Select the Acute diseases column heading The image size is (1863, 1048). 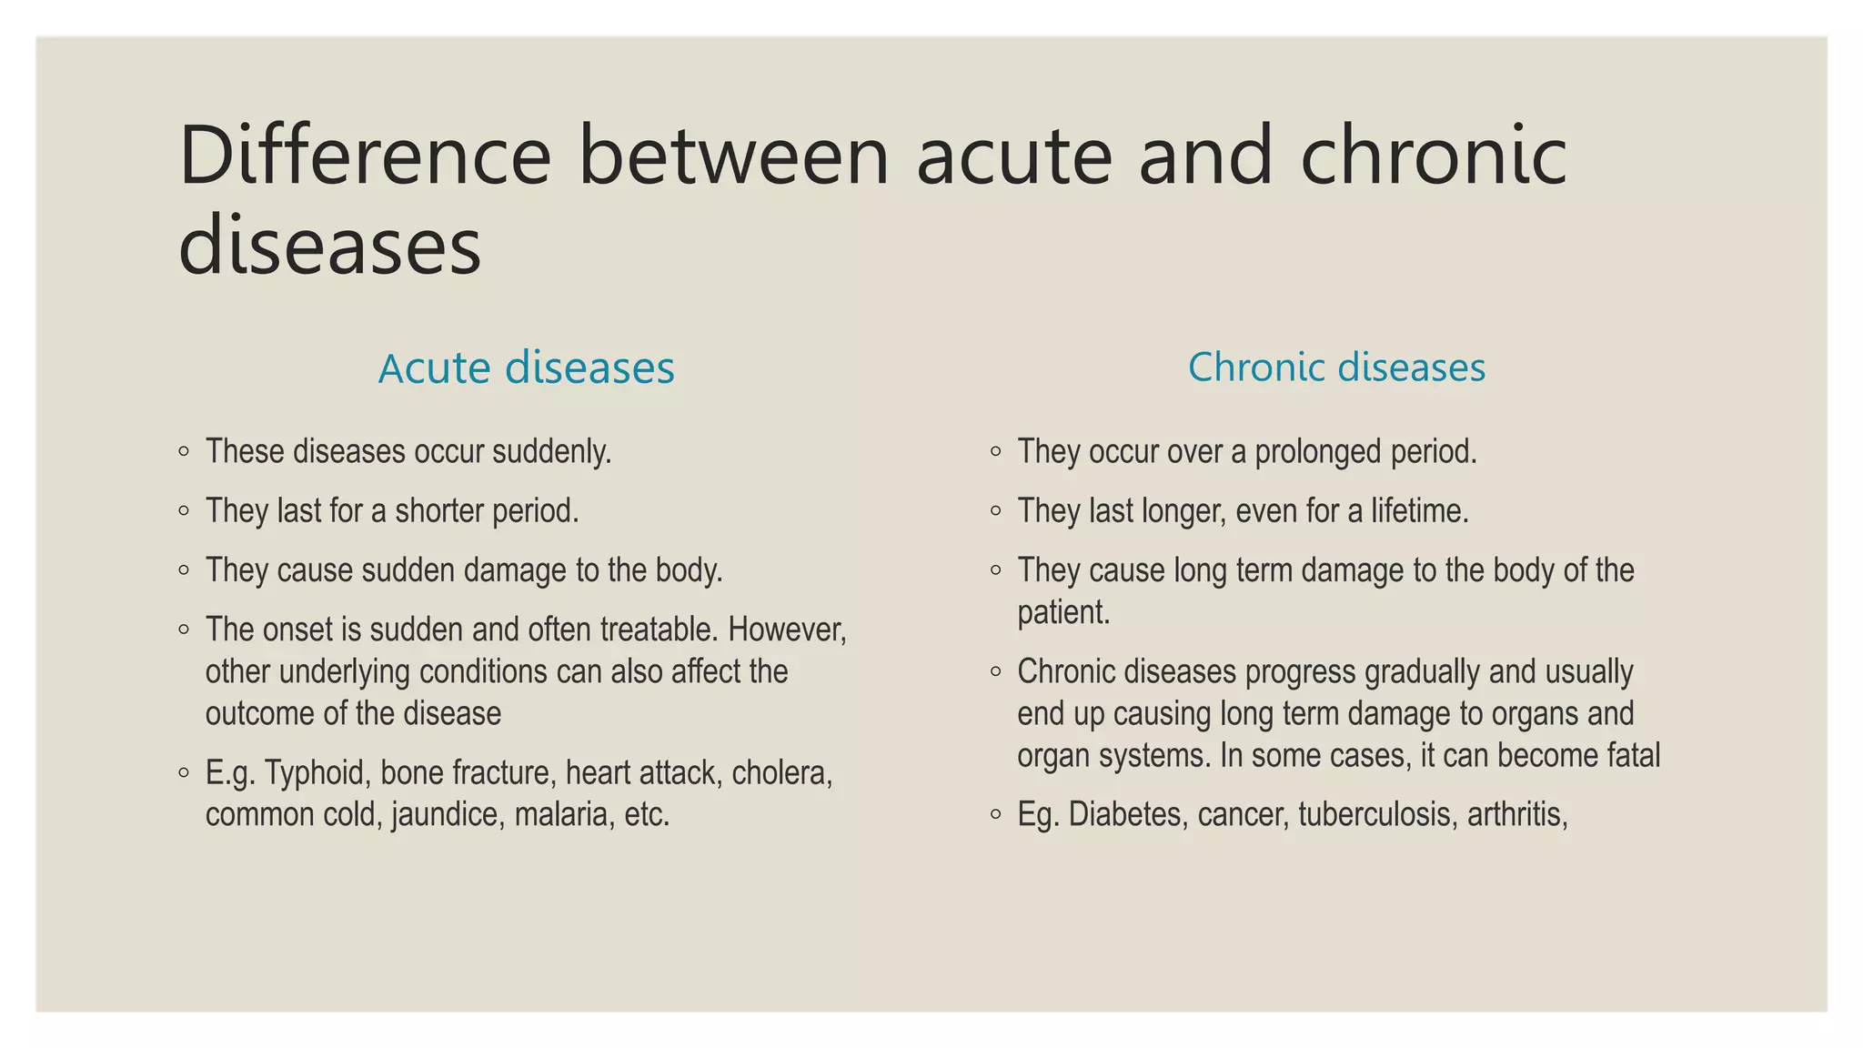click(x=526, y=368)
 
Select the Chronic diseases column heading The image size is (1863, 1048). click(x=1336, y=368)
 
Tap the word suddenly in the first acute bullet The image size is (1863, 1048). click(x=550, y=452)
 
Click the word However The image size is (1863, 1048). click(x=787, y=630)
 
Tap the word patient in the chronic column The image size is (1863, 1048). click(x=1062, y=612)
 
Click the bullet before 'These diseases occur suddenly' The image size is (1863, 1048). click(x=185, y=451)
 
